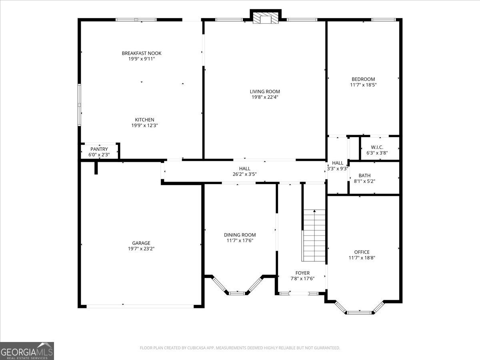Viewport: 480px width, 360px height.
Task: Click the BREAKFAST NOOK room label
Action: pyautogui.click(x=142, y=53)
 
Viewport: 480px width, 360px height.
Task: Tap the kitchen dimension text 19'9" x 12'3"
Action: pyautogui.click(x=144, y=126)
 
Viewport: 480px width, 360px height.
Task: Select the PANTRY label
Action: pyautogui.click(x=99, y=149)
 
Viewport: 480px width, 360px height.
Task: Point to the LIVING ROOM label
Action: pyautogui.click(x=265, y=92)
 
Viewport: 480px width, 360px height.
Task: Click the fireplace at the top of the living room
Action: pyautogui.click(x=266, y=18)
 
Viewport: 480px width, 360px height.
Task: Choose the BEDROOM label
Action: pyautogui.click(x=363, y=79)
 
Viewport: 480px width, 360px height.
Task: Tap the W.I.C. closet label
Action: pyautogui.click(x=377, y=147)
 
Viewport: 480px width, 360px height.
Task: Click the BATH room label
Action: pyautogui.click(x=364, y=176)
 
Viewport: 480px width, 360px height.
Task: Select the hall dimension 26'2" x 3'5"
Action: pyautogui.click(x=244, y=174)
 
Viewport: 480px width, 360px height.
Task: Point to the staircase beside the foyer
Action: pyautogui.click(x=314, y=236)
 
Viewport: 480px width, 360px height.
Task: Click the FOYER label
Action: pyautogui.click(x=302, y=273)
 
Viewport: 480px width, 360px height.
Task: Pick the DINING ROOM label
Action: pyautogui.click(x=240, y=235)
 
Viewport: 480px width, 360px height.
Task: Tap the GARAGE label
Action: pyautogui.click(x=141, y=243)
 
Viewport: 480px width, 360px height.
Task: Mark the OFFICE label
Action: pyautogui.click(x=362, y=252)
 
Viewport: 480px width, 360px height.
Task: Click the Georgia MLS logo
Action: pyautogui.click(x=27, y=351)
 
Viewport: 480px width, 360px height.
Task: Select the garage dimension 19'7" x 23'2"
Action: pyautogui.click(x=141, y=249)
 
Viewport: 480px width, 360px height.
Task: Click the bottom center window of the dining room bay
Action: pyautogui.click(x=237, y=293)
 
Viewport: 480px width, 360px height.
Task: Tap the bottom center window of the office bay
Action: pyautogui.click(x=360, y=313)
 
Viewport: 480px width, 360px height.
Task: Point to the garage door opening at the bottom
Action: pyautogui.click(x=140, y=306)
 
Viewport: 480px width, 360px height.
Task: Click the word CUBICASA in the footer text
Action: pyautogui.click(x=196, y=348)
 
